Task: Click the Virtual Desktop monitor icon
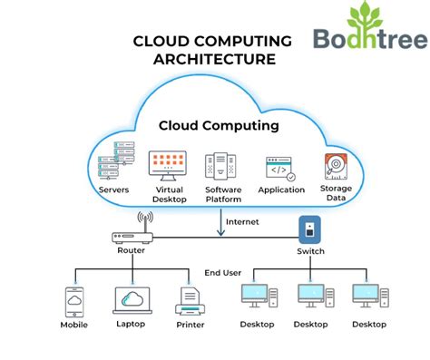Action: (167, 164)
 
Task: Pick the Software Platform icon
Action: (221, 165)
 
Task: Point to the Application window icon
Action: (280, 168)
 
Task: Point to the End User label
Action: (223, 271)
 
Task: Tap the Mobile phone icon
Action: (74, 301)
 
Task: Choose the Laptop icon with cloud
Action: (132, 300)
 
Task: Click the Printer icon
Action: (191, 300)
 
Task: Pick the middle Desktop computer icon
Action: (311, 297)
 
